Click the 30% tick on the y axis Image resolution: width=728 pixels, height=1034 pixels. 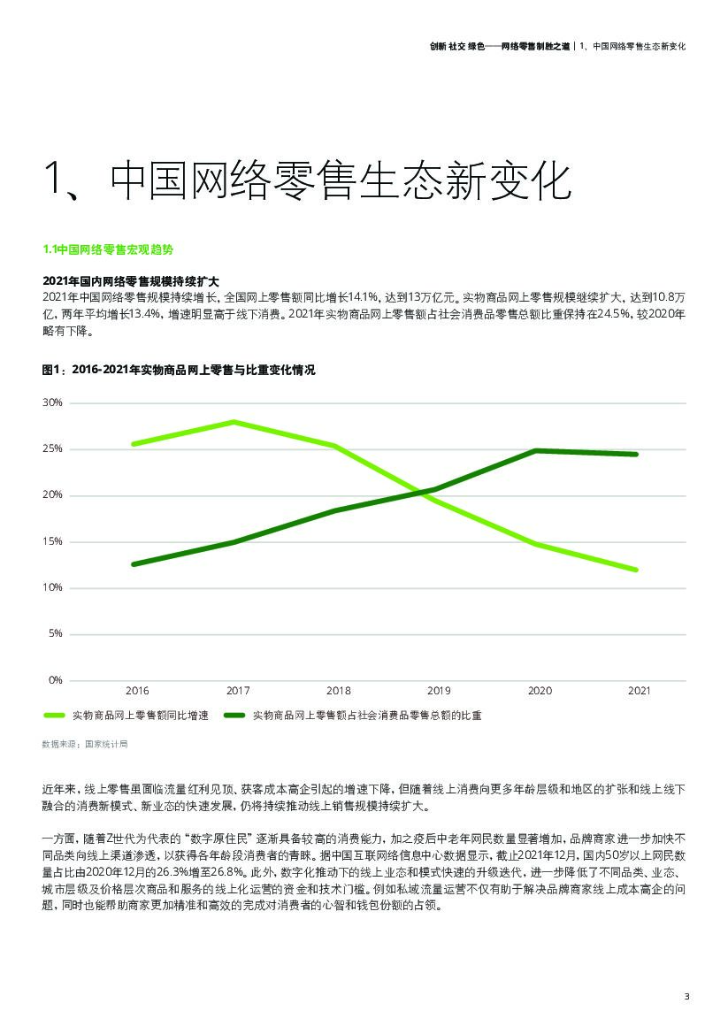[x=52, y=402]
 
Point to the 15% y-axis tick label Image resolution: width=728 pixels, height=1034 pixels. [x=52, y=541]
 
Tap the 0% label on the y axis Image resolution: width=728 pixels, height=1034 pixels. [x=55, y=679]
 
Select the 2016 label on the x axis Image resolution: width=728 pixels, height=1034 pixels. [x=137, y=690]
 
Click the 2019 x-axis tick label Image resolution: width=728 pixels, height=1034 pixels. [x=439, y=690]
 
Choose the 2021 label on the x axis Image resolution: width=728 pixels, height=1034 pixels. [x=638, y=690]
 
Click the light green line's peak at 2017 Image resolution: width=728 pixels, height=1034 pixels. [x=234, y=422]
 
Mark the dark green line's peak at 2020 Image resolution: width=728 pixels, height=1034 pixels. [x=536, y=450]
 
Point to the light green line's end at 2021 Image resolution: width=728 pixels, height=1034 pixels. [x=636, y=570]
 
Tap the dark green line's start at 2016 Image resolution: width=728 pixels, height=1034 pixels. [x=134, y=564]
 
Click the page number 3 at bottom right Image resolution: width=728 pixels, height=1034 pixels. [x=686, y=997]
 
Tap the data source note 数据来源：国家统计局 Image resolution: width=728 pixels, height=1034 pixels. [x=85, y=744]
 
